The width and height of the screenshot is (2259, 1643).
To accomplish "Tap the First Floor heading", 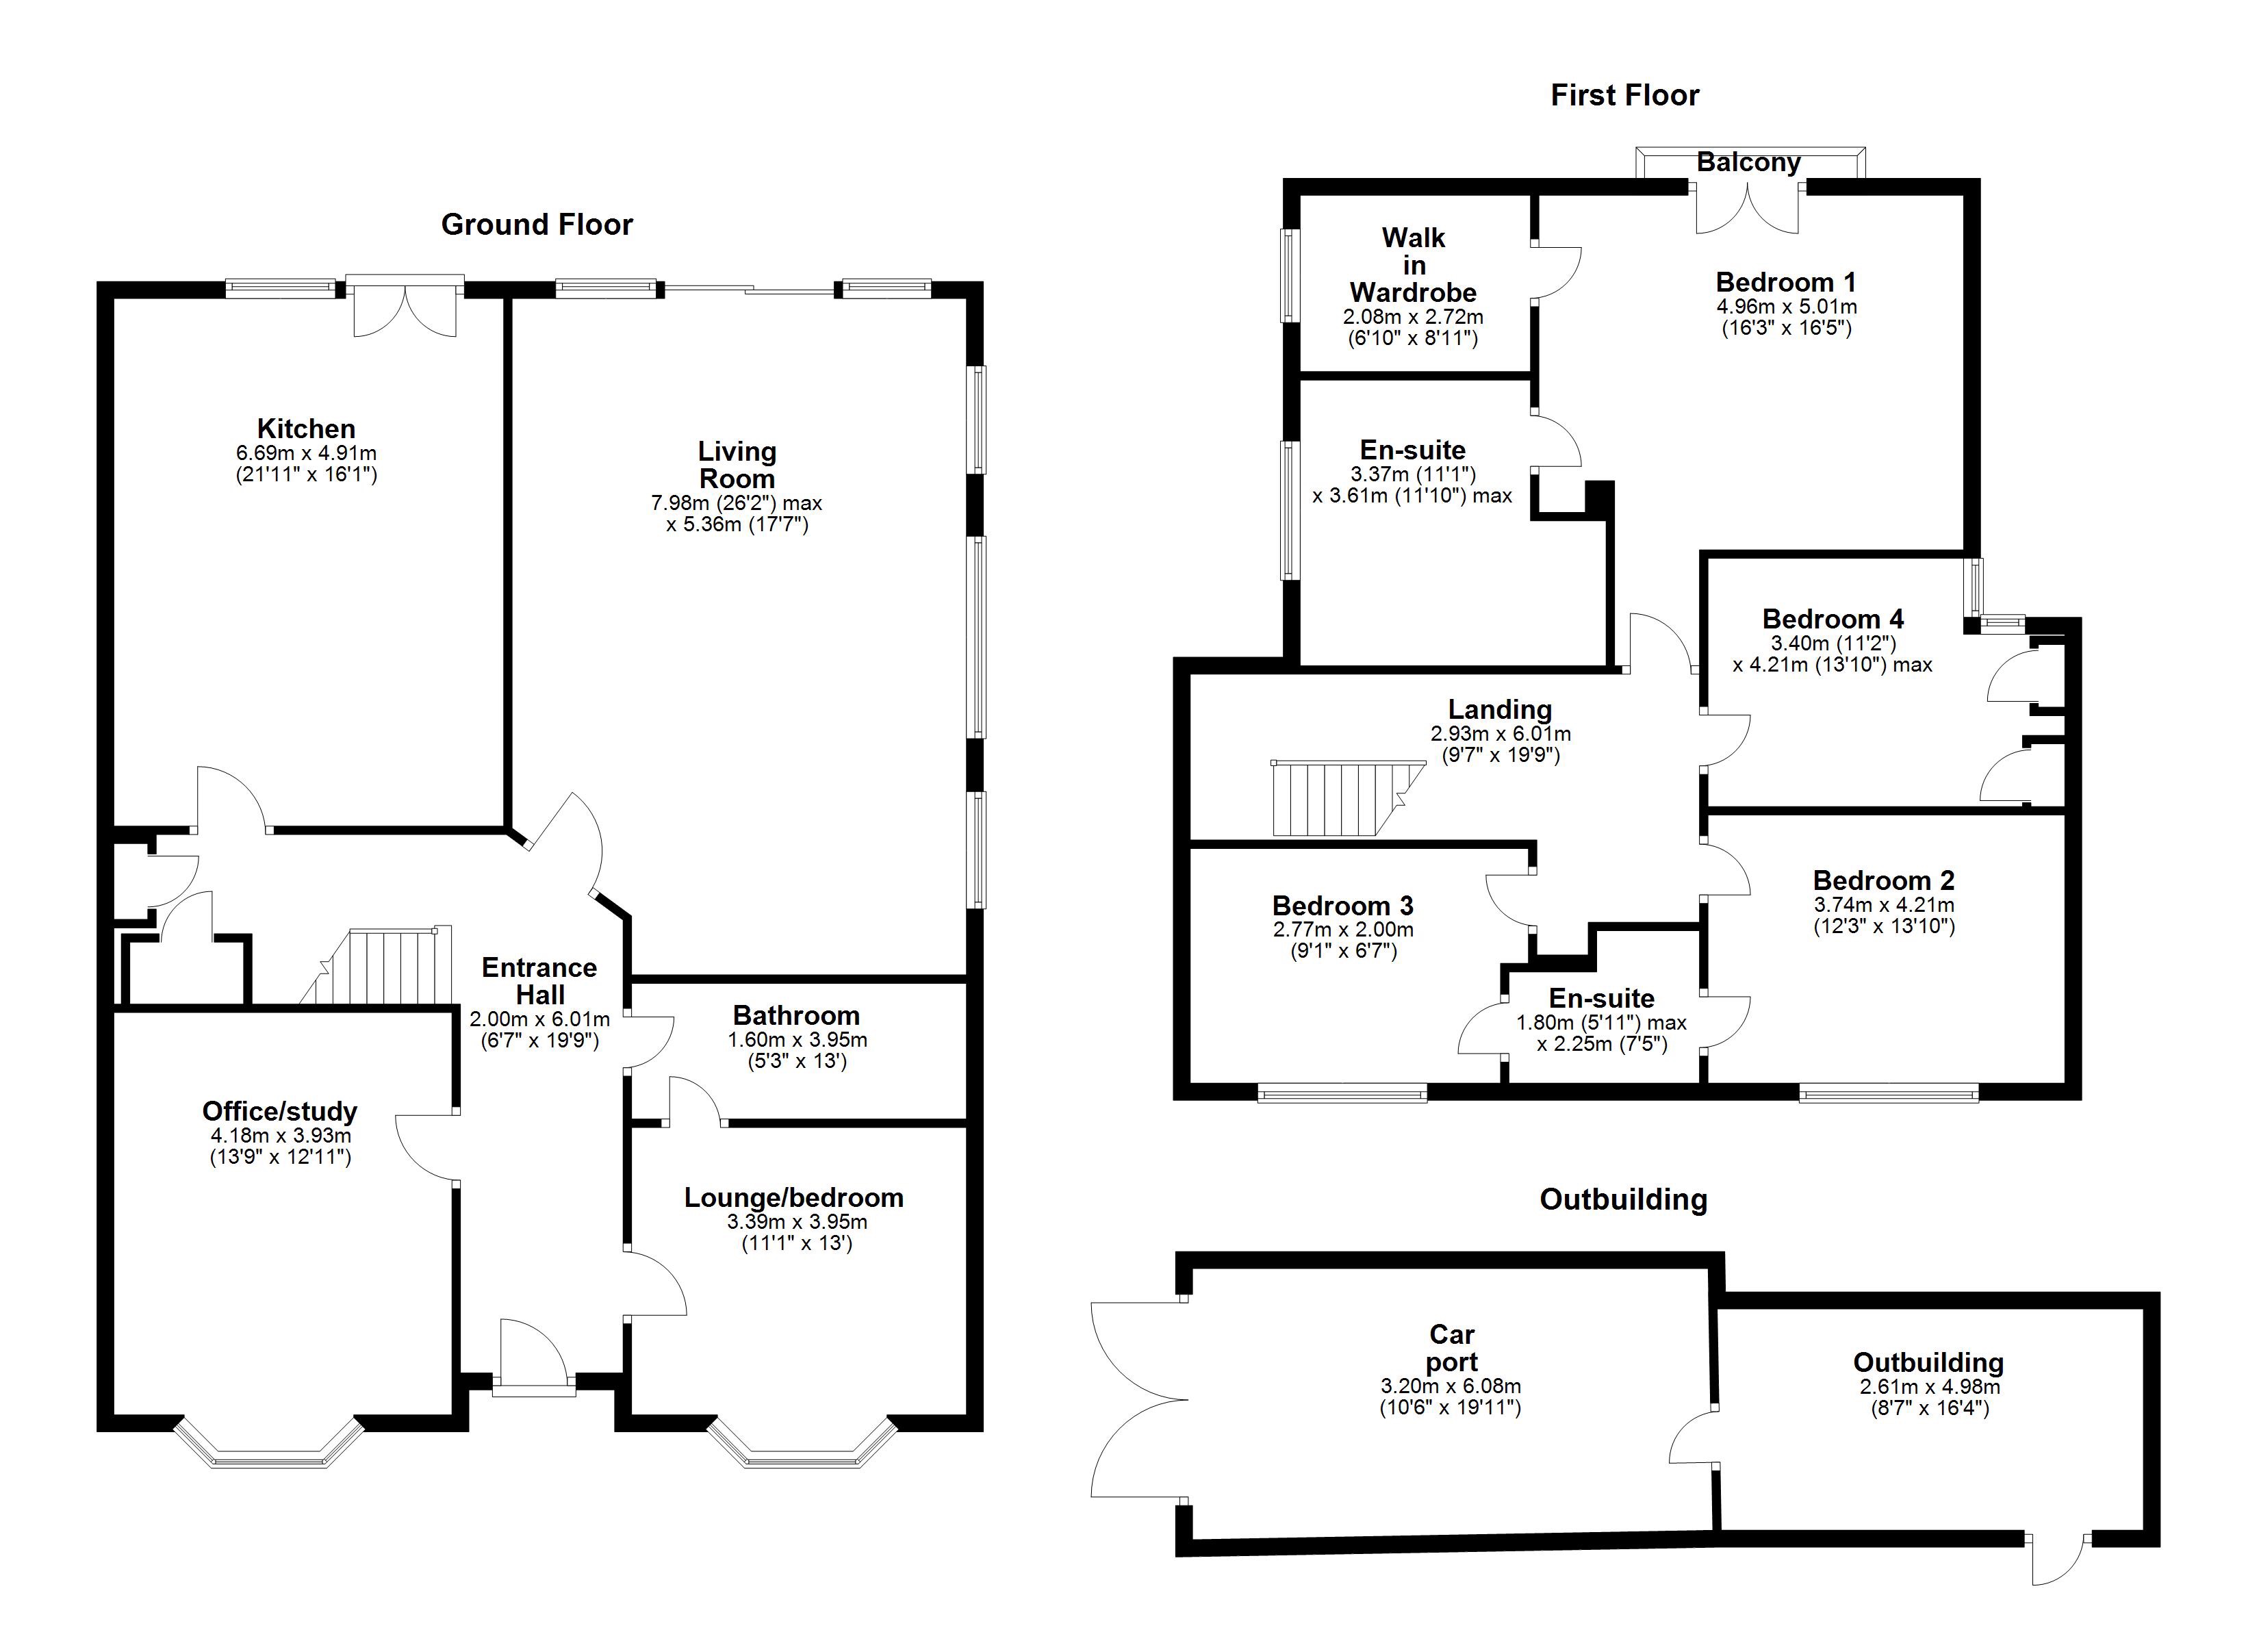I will (1624, 96).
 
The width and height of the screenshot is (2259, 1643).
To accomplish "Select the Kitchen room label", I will (306, 429).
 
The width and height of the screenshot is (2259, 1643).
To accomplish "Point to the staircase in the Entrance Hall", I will (379, 967).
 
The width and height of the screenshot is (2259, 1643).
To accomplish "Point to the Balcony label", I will (1748, 162).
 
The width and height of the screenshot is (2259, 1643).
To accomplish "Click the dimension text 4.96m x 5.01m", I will (1786, 307).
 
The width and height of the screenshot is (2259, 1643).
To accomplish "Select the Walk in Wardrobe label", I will (1412, 265).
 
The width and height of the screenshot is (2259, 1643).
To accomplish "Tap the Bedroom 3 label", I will (1342, 906).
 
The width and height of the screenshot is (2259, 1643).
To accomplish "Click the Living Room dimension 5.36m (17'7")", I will (737, 525).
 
